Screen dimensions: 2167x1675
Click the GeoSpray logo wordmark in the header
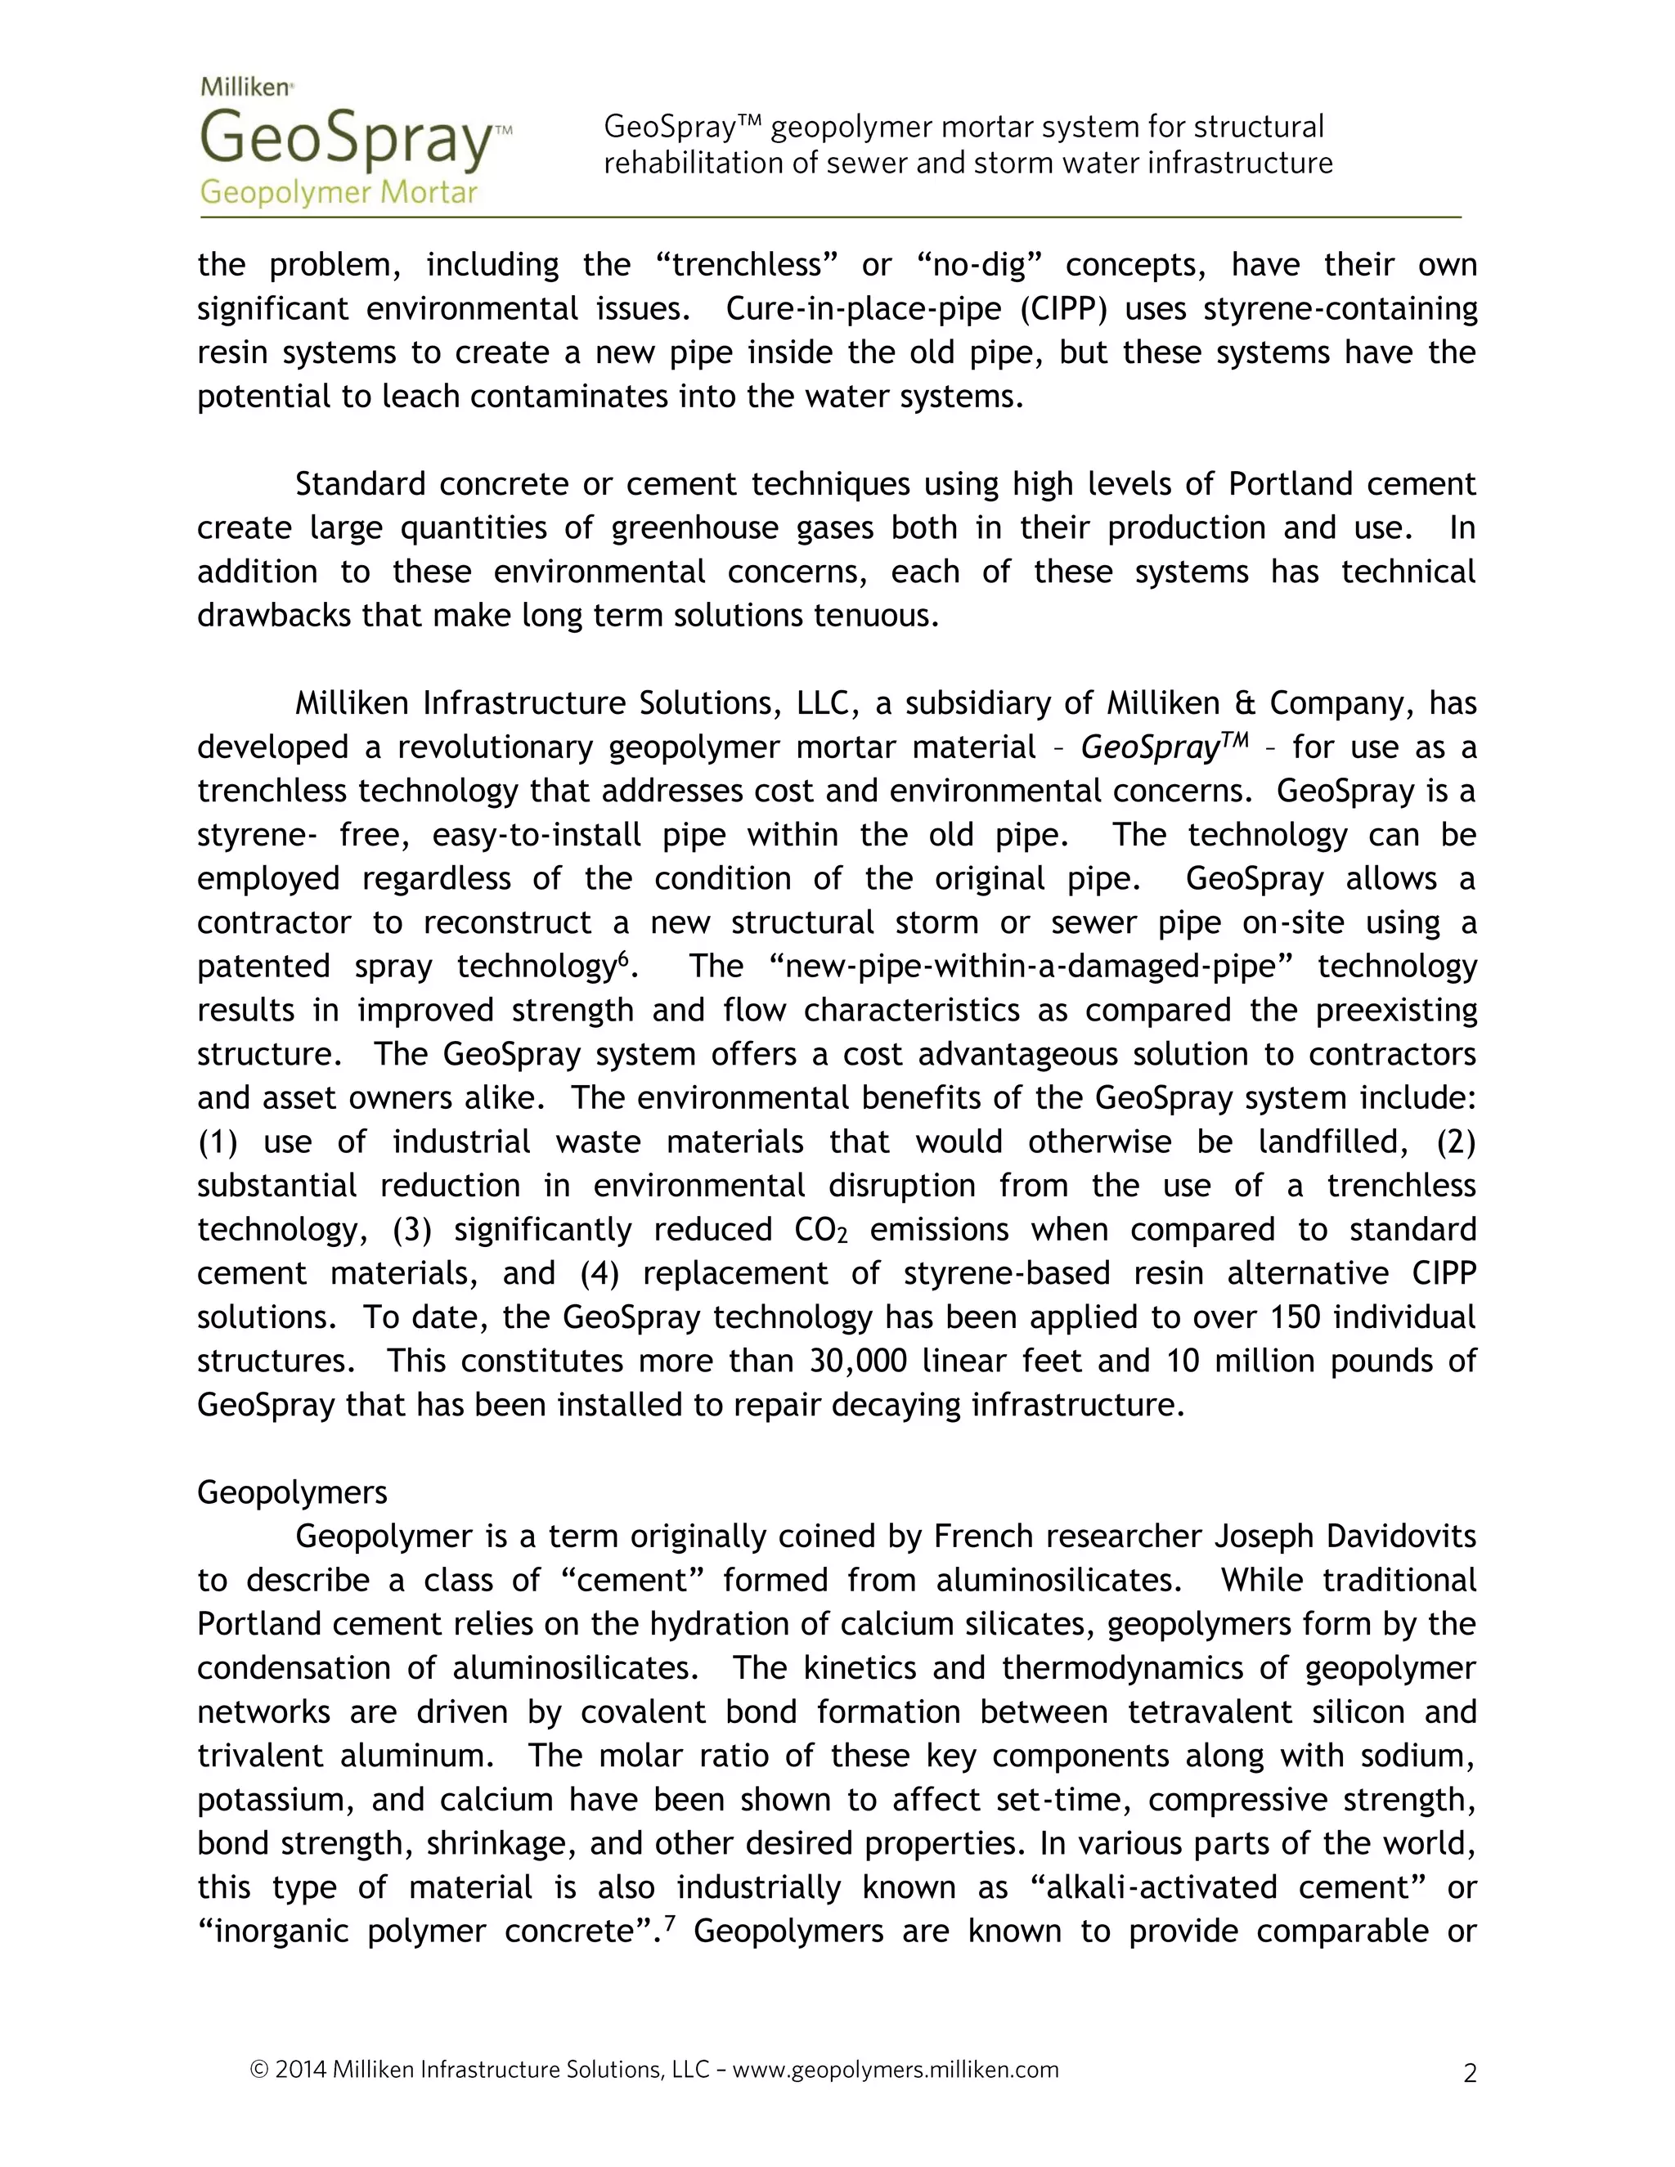348,139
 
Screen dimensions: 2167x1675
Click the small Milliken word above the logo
245,87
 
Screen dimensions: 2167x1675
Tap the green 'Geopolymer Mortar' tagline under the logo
339,192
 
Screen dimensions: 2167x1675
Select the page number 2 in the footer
1470,2074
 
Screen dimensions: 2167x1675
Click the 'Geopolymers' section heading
292,1492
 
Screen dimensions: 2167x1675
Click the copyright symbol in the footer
259,2070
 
